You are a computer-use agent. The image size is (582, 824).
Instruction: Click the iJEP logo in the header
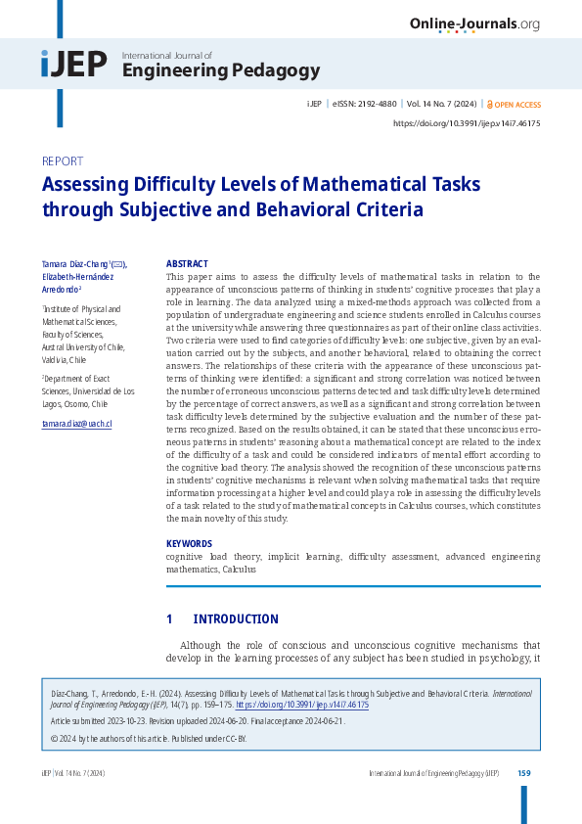coord(74,65)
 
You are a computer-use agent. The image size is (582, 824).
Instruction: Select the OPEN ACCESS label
coord(517,104)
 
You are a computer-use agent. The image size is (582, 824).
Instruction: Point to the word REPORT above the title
coord(63,161)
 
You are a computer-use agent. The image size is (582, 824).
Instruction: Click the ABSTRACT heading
coord(187,264)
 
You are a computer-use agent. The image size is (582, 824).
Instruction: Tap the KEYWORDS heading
coord(189,542)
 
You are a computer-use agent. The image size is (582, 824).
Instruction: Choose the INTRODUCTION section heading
coord(236,619)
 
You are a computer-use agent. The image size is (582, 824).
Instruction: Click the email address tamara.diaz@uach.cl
coord(77,424)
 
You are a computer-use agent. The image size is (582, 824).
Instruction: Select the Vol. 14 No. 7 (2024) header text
coord(441,104)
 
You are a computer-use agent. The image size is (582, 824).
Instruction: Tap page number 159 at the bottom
coord(523,773)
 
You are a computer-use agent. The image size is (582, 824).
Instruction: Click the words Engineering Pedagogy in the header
coord(221,70)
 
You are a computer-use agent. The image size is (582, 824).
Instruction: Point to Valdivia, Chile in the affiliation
coord(64,359)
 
